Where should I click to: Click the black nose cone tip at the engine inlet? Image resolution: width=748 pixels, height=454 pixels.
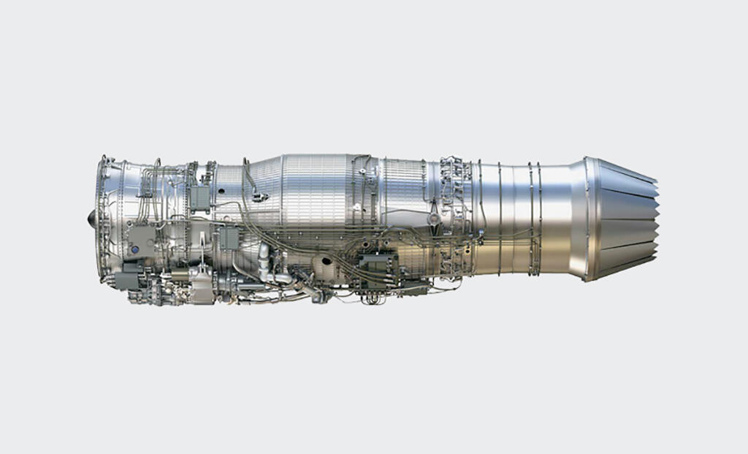[92, 217]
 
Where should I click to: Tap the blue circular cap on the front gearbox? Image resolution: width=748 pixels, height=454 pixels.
[134, 249]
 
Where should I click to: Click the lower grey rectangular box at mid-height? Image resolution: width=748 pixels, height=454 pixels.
[229, 238]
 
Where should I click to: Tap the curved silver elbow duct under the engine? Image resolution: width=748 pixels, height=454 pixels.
[264, 256]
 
